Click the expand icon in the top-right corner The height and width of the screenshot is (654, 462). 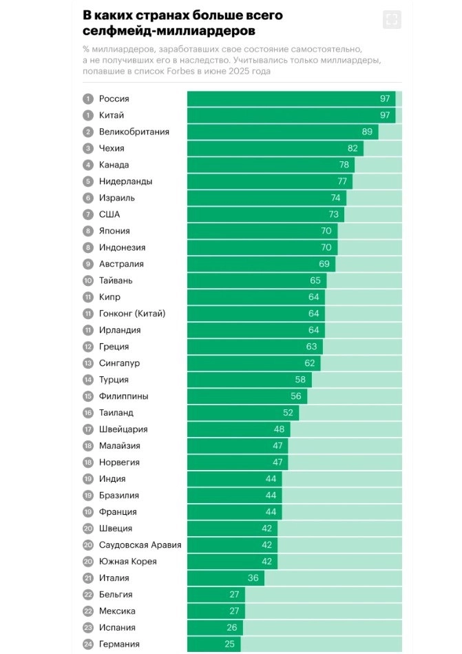[392, 19]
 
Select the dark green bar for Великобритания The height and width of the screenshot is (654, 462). [282, 132]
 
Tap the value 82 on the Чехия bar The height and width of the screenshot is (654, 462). [353, 148]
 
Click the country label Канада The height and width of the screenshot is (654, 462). [114, 165]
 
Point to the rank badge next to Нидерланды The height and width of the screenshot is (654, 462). [88, 181]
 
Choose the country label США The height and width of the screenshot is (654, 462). [109, 214]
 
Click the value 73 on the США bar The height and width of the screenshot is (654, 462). [333, 214]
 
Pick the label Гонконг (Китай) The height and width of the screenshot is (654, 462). [132, 314]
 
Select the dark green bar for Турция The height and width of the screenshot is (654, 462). [249, 380]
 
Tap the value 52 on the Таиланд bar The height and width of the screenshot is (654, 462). [288, 413]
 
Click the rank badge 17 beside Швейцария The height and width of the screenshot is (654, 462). [88, 429]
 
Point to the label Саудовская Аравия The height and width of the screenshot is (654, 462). [140, 545]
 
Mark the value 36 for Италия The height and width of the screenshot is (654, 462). [253, 578]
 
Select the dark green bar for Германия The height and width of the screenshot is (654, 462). [213, 644]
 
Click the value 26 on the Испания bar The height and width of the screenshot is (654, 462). [231, 628]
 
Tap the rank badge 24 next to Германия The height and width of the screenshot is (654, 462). [88, 644]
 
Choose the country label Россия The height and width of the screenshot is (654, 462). [114, 99]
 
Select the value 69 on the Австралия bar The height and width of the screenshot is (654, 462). [324, 264]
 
